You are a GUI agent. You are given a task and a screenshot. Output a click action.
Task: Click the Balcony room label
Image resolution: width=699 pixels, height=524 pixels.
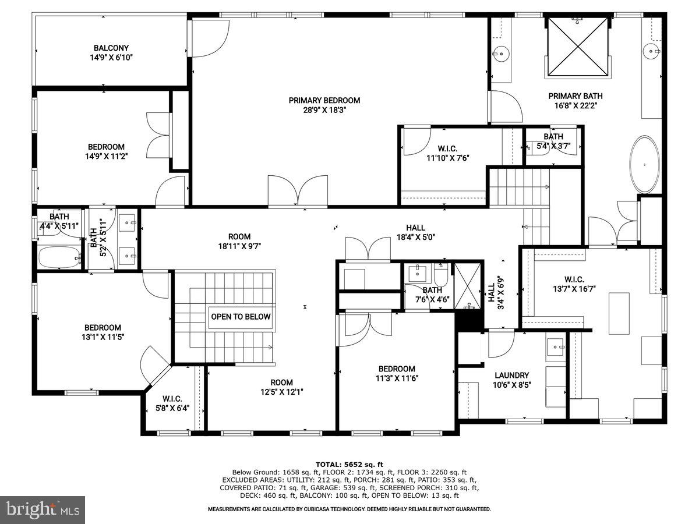click(x=111, y=52)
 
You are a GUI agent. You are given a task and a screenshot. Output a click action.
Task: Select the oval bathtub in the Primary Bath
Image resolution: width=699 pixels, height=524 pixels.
click(x=644, y=165)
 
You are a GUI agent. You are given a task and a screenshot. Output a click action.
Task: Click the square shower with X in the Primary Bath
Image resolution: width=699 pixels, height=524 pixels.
click(x=577, y=47)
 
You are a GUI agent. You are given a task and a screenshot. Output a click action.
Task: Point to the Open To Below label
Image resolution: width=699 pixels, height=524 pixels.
click(x=241, y=317)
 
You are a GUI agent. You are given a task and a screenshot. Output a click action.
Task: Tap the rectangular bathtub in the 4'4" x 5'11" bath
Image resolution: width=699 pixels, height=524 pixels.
click(x=58, y=257)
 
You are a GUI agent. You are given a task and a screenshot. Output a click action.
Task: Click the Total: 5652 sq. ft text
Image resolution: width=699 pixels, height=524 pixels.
click(x=349, y=464)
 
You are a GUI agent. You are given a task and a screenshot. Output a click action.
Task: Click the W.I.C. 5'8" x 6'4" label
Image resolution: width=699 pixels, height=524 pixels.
click(x=172, y=403)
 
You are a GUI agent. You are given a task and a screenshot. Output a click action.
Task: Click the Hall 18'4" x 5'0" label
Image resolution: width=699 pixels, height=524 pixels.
click(x=415, y=232)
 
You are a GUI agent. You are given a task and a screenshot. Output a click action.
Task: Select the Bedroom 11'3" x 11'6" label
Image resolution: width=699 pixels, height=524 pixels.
click(x=397, y=373)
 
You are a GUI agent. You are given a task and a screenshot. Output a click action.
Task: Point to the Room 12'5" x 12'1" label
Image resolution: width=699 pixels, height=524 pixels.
click(x=281, y=387)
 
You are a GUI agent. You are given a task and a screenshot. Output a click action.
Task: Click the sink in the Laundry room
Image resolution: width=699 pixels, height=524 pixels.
click(x=556, y=348)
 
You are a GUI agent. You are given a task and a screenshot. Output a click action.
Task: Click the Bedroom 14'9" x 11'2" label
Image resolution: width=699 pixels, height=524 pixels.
click(x=106, y=151)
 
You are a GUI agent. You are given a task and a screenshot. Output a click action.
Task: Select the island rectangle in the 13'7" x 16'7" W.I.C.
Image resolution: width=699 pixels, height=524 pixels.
click(x=619, y=313)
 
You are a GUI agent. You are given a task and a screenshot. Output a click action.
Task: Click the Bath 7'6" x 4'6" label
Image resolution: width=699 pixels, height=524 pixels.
click(x=432, y=295)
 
